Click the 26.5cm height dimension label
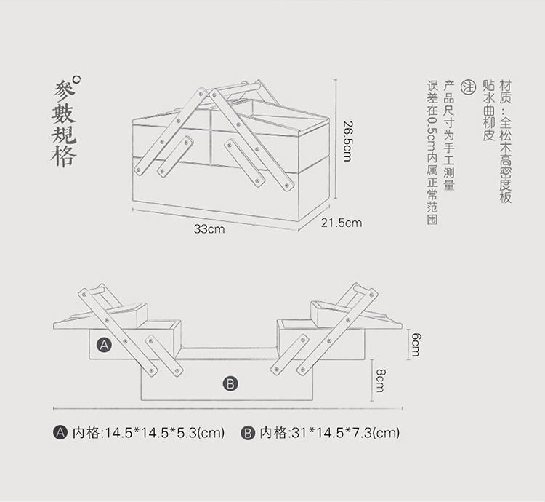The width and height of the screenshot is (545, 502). point(347,140)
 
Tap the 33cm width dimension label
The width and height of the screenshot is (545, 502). point(209,229)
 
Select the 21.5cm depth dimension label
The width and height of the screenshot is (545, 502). point(341,223)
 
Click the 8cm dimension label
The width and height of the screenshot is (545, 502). point(380,380)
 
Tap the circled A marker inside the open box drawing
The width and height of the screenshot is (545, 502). point(105,345)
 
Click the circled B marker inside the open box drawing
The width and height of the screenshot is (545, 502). point(230,383)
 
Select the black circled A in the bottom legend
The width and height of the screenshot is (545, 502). point(61,433)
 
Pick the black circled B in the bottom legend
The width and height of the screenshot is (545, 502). point(247,433)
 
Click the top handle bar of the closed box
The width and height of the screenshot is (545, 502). point(234,89)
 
